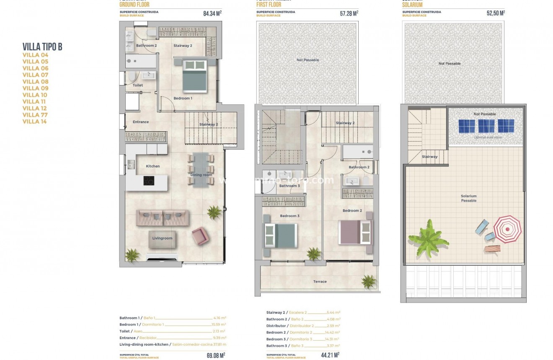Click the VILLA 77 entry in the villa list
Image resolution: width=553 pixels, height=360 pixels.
(35, 115)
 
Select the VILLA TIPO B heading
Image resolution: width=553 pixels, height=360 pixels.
(42, 47)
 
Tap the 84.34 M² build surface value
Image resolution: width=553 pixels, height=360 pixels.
(212, 13)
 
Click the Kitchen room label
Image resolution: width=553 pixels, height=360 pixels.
(152, 166)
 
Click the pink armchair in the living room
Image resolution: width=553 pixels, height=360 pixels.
(199, 236)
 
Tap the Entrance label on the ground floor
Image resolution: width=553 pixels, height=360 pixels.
(141, 122)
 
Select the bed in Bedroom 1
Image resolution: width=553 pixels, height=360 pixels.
(195, 75)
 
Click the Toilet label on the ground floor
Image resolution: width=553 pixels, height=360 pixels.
(138, 85)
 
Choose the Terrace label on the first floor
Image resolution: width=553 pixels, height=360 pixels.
(320, 282)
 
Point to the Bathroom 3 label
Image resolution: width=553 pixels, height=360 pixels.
(289, 186)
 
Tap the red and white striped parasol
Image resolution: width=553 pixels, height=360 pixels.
(507, 229)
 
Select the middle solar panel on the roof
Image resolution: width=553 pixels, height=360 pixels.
(486, 126)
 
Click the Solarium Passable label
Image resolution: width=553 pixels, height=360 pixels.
(469, 198)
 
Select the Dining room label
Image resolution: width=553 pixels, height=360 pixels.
(202, 175)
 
